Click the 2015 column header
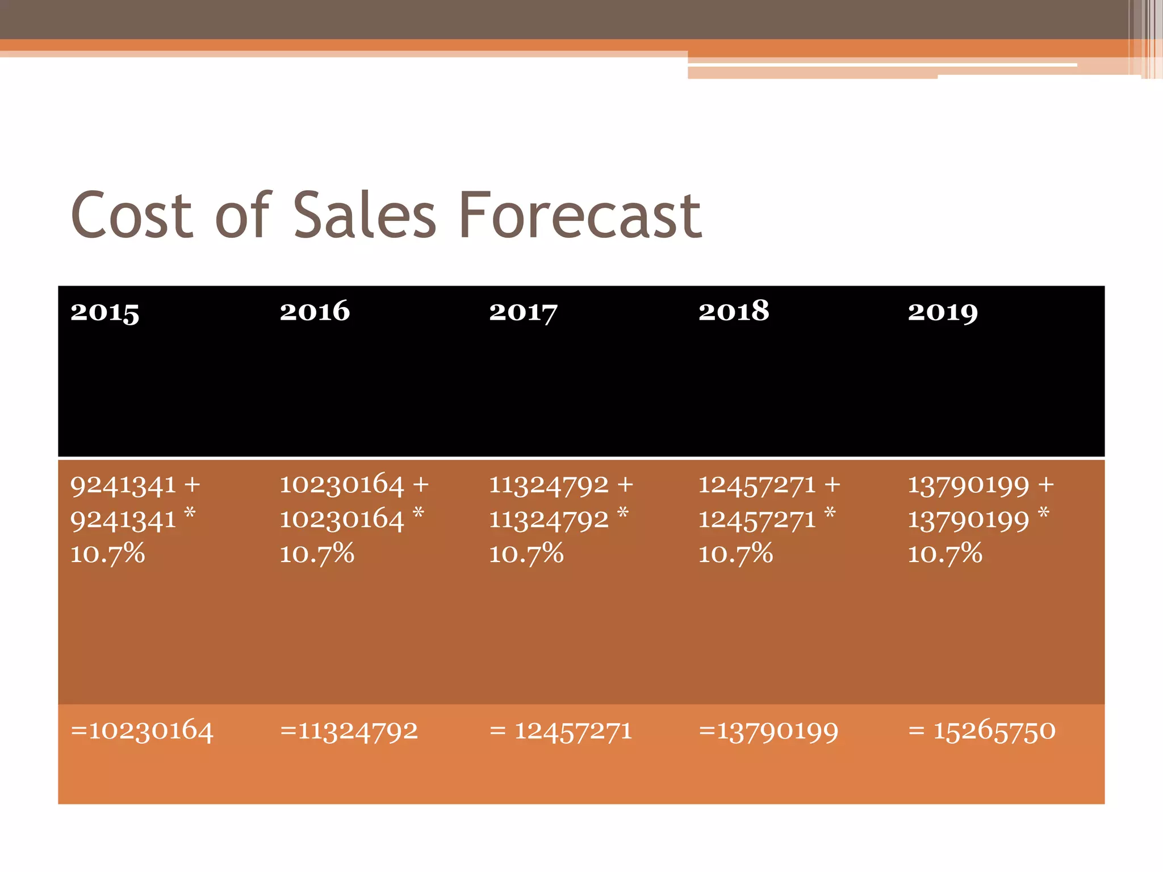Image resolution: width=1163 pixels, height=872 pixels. pos(104,312)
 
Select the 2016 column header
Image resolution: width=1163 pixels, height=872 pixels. pos(315,311)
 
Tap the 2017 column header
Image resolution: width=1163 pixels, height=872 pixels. pos(523,312)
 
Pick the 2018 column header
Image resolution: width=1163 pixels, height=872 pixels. pos(734,311)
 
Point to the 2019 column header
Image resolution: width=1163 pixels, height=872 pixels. pos(943,312)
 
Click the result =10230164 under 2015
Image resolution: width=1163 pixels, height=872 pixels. pos(142,731)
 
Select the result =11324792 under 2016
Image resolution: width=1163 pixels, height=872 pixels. pos(349,731)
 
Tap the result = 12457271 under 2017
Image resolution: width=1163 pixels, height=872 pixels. pos(560,731)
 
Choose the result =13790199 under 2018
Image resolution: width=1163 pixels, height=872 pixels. pos(768,731)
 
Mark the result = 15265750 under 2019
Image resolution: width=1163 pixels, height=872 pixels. pos(982,731)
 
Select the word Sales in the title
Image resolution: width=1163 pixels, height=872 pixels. pos(364,215)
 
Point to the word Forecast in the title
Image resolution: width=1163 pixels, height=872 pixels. pos(579,215)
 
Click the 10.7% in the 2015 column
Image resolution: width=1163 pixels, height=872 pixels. pos(107,554)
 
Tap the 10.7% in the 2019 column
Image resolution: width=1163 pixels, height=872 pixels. pos(945,554)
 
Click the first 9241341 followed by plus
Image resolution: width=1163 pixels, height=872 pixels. pos(123,485)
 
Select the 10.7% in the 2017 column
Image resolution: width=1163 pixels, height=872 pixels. pos(526,554)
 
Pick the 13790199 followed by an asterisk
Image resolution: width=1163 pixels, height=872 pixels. pos(968,520)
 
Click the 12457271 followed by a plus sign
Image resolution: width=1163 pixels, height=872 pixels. pos(757,485)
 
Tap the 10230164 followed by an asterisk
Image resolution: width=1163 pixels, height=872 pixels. pos(341,520)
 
